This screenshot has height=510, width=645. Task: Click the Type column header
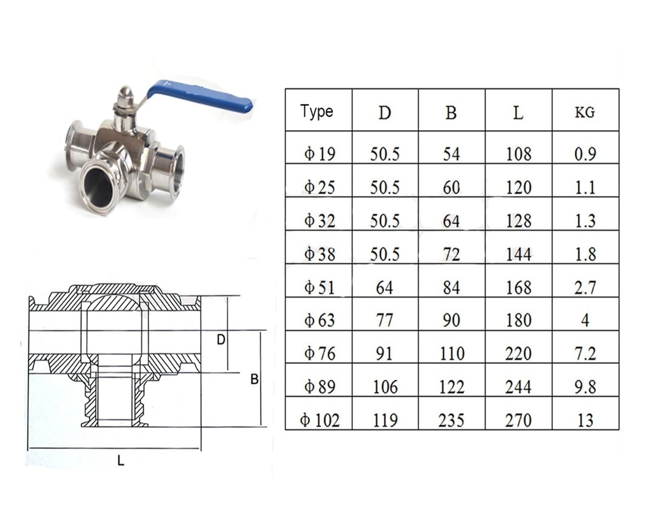pos(316,112)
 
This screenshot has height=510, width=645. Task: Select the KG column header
pos(585,113)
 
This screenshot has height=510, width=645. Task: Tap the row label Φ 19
pos(320,154)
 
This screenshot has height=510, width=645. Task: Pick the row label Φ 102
pos(320,420)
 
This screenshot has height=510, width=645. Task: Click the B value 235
pos(451,420)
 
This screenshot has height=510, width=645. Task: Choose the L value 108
pos(518,154)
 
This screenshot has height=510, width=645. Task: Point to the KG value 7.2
pos(585,353)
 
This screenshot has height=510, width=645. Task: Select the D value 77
pos(385,320)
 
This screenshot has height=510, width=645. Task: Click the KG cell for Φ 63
pos(585,320)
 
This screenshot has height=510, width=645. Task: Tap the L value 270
pos(518,420)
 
